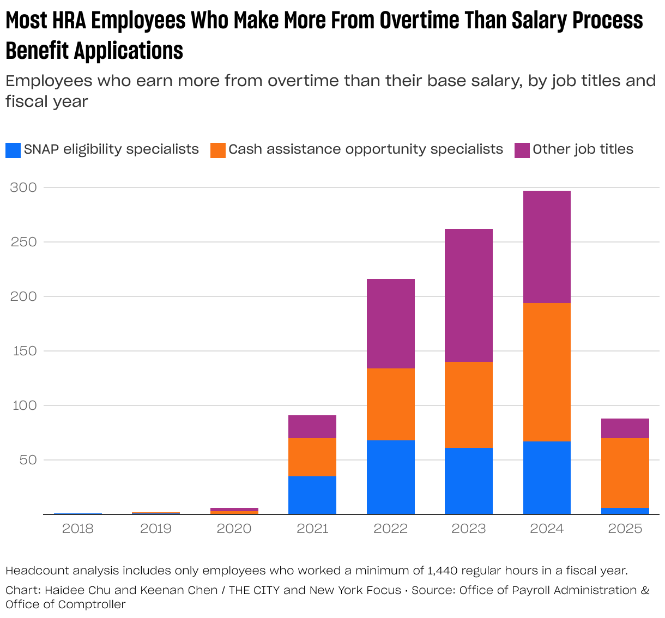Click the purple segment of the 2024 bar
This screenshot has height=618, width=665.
pyautogui.click(x=547, y=247)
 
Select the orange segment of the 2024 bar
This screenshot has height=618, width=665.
pyautogui.click(x=547, y=372)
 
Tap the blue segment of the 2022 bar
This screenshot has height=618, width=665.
pyautogui.click(x=390, y=477)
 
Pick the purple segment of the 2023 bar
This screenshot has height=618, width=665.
pyautogui.click(x=469, y=295)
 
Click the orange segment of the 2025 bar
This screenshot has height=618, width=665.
pyautogui.click(x=625, y=473)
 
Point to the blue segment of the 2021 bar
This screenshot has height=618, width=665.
pyautogui.click(x=312, y=495)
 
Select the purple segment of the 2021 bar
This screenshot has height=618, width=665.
pyautogui.click(x=312, y=427)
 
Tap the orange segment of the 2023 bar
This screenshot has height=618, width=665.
pyautogui.click(x=469, y=405)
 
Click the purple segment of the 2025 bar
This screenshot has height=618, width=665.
pyautogui.click(x=625, y=428)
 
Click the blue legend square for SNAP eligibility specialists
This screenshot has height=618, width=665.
pyautogui.click(x=13, y=150)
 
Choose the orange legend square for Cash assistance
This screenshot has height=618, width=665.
pyautogui.click(x=218, y=150)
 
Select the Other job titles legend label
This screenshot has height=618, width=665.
pyautogui.click(x=583, y=149)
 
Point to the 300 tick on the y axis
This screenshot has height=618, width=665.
pyautogui.click(x=23, y=187)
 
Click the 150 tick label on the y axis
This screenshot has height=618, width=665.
pyautogui.click(x=23, y=351)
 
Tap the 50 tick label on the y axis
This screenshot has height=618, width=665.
pyautogui.click(x=26, y=460)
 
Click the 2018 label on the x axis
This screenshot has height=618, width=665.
pyautogui.click(x=78, y=529)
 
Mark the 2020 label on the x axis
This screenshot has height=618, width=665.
pyautogui.click(x=234, y=529)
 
